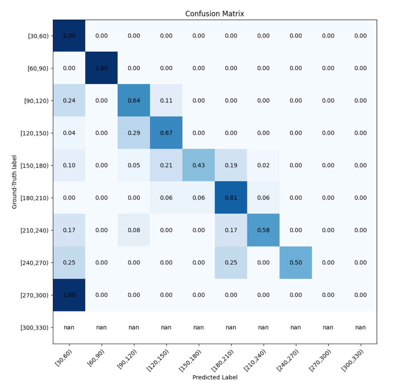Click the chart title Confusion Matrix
(215, 14)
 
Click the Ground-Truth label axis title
(14, 182)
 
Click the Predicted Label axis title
(215, 377)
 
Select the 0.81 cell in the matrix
(231, 198)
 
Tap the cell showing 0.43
(199, 165)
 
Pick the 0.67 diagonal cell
(166, 133)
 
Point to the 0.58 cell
(263, 230)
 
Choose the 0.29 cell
(134, 133)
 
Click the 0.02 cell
(263, 165)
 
